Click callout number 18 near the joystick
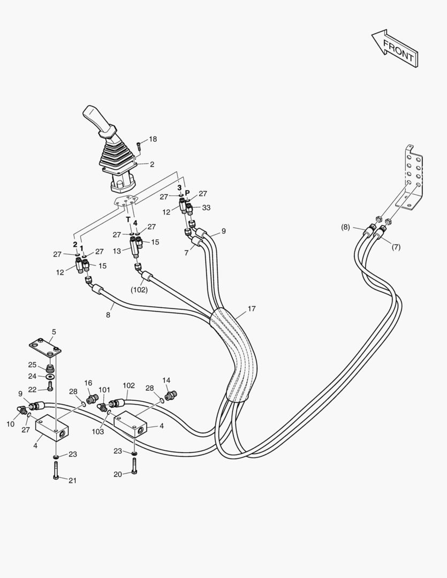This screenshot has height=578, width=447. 153,139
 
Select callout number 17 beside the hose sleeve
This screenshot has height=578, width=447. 252,309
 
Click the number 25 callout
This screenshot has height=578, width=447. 32,365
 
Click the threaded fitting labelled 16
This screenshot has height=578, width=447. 92,399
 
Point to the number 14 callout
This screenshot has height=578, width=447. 166,380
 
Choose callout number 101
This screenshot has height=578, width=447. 104,390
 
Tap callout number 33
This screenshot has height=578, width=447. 206,208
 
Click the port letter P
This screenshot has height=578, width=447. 187,193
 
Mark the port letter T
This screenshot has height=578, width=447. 128,219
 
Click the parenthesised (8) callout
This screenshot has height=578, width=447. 346,227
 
